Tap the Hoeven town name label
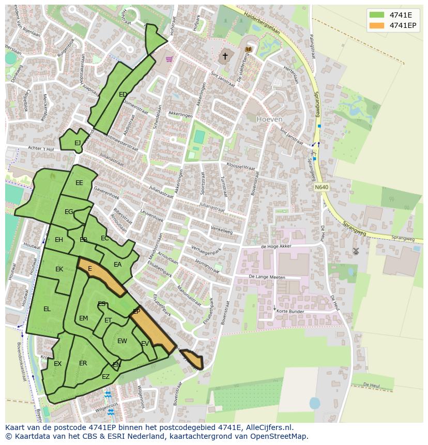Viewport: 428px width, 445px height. click(x=270, y=119)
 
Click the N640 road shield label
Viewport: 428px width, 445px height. click(x=321, y=187)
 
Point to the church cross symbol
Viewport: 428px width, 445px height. click(x=225, y=56)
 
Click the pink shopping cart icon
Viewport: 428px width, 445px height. click(x=169, y=59)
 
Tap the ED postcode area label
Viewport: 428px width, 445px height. click(x=123, y=95)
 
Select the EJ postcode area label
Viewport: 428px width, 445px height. click(x=78, y=143)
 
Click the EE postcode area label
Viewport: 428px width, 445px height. click(x=79, y=183)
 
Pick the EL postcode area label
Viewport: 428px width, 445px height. click(x=47, y=309)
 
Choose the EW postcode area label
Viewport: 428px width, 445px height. click(x=122, y=341)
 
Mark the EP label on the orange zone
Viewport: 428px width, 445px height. click(x=136, y=312)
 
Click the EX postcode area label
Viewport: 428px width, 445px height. click(x=57, y=364)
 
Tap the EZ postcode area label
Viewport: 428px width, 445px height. click(x=105, y=377)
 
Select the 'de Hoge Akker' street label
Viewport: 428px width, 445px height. click(x=277, y=247)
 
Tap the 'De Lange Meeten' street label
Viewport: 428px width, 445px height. click(x=267, y=278)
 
